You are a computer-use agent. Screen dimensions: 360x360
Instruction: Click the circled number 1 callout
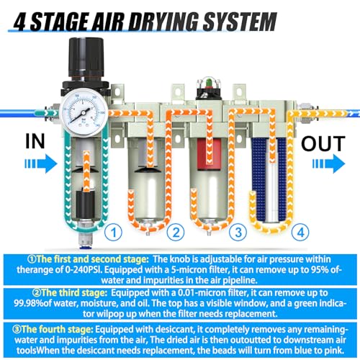114,232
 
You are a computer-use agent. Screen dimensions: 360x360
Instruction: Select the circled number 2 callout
176,232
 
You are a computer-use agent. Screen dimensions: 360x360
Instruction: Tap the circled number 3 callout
238,232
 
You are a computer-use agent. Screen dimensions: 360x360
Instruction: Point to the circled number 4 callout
300,232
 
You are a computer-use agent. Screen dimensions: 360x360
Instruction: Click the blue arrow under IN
41,163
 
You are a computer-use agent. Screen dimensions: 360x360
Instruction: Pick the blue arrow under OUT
328,163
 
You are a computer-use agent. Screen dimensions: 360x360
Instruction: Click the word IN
35,141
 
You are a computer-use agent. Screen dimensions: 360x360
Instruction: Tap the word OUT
323,143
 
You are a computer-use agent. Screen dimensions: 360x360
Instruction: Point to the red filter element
209,155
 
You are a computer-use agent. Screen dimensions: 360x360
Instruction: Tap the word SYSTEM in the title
240,22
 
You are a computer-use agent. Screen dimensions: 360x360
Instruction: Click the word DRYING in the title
164,22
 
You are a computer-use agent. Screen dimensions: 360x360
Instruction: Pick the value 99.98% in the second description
29,303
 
